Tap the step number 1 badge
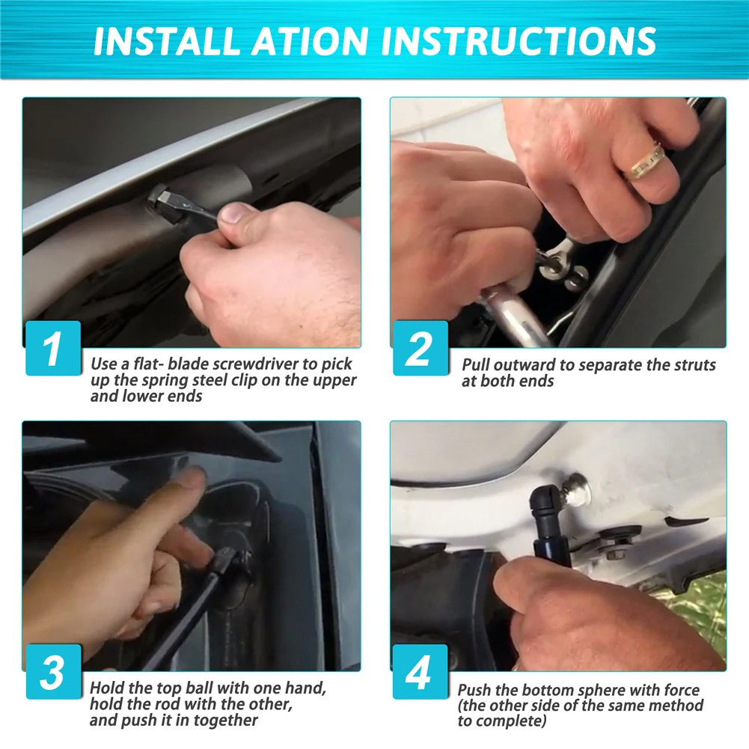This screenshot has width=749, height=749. coord(53,348)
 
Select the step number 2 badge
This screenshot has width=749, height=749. coord(421,348)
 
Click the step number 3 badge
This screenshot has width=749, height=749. coord(53,672)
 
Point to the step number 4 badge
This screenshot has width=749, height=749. coord(421,672)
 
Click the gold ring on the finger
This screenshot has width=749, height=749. coord(647,162)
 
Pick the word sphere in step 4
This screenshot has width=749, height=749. coord(599,690)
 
